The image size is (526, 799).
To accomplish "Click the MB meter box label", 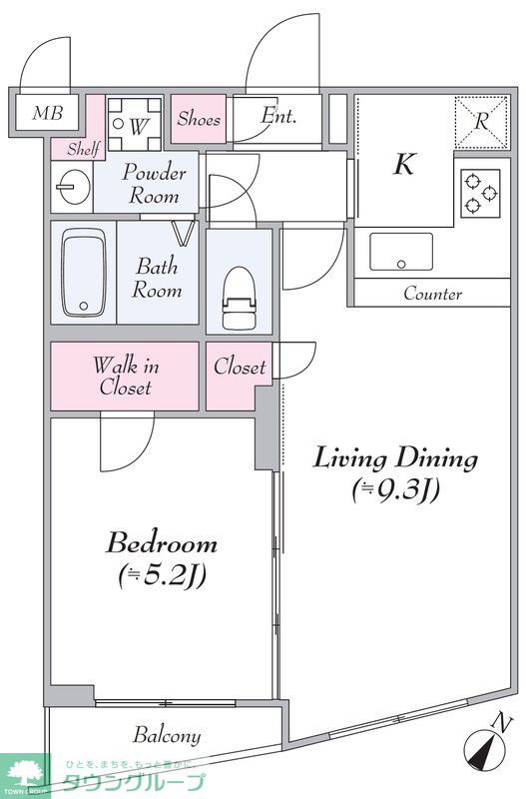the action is [x=47, y=113].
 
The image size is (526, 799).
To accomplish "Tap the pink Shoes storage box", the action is [x=199, y=119].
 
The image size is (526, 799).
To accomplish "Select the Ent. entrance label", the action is [x=278, y=116].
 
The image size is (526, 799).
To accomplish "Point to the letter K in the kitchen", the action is [x=404, y=164].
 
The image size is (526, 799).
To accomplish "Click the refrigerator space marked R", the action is [x=481, y=121].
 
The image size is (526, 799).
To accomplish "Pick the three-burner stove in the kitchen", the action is [x=481, y=193].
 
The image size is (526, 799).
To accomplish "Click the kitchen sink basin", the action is [x=401, y=252].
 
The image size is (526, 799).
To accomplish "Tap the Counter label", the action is [x=433, y=294].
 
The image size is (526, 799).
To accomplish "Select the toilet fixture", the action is [x=240, y=298].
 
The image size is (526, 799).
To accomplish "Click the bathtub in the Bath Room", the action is [x=84, y=273].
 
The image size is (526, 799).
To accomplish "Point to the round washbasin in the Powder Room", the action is [x=73, y=187].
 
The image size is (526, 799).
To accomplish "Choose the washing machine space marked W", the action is [x=135, y=124].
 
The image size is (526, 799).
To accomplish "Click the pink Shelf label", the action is [x=84, y=149].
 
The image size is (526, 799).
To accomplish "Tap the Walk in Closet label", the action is [x=126, y=377].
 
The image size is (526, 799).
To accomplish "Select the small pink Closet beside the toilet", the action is [x=239, y=377].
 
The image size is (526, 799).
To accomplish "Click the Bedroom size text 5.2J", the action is [x=162, y=576].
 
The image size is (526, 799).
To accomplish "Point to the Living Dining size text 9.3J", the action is [x=395, y=490].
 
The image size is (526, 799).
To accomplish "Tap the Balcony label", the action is [x=167, y=736].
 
